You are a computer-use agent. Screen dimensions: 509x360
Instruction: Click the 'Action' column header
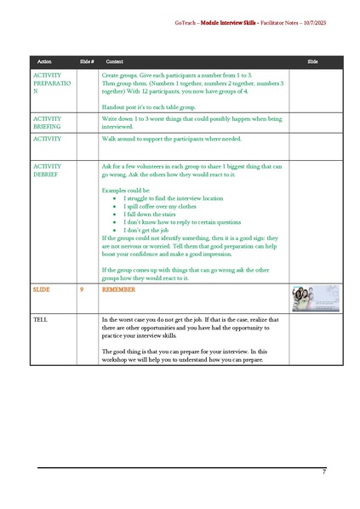(44, 62)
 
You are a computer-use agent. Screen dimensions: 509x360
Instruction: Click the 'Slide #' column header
(86, 62)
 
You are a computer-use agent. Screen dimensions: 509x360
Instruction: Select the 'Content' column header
(114, 62)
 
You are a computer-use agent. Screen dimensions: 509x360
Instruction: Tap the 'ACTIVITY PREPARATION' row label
(53, 83)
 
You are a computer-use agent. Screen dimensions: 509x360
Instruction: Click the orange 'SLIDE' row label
(42, 289)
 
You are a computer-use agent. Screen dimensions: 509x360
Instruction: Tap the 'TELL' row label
(40, 320)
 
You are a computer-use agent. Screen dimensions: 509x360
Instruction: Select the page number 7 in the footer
(323, 471)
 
